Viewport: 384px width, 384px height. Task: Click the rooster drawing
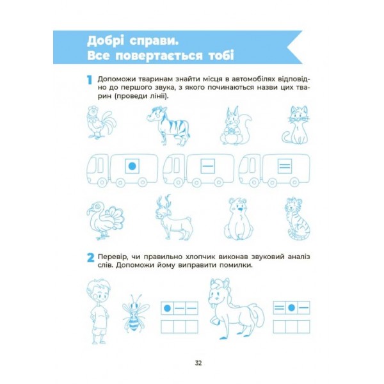pyautogui.click(x=101, y=122)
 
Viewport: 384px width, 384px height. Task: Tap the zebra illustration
pyautogui.click(x=168, y=125)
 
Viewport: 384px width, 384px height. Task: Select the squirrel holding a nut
pyautogui.click(x=235, y=125)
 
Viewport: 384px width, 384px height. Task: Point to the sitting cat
pyautogui.click(x=295, y=125)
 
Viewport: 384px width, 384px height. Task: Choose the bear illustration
pyautogui.click(x=239, y=219)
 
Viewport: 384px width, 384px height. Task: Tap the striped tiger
pyautogui.click(x=298, y=218)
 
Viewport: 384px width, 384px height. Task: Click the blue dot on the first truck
pyautogui.click(x=132, y=166)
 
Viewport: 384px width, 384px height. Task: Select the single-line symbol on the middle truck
pyautogui.click(x=207, y=166)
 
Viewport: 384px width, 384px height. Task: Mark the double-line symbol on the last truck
pyautogui.click(x=285, y=166)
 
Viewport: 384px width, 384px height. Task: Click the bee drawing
pyautogui.click(x=135, y=313)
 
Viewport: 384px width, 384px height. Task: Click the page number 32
pyautogui.click(x=198, y=363)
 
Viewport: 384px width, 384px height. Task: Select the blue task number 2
pyautogui.click(x=90, y=258)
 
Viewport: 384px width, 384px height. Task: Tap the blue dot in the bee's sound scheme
pyautogui.click(x=167, y=308)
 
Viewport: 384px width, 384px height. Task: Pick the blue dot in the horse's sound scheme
pyautogui.click(x=291, y=308)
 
